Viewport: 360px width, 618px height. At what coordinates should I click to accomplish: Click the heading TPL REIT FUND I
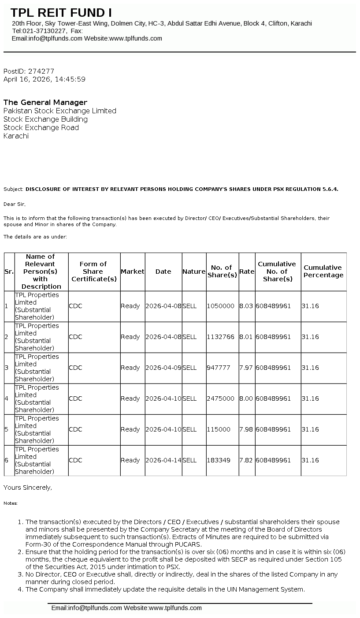(61, 12)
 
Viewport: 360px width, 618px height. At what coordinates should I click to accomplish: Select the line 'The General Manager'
(45, 102)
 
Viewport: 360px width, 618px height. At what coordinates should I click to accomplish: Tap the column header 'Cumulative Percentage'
(323, 272)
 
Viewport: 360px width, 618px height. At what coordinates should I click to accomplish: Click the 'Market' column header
(133, 272)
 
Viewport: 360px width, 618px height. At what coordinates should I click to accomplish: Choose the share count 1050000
(221, 306)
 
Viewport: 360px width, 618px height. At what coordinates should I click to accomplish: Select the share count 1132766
(221, 337)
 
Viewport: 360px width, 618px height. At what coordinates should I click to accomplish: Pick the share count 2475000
(221, 398)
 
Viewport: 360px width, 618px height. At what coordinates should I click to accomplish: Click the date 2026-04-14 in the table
(163, 460)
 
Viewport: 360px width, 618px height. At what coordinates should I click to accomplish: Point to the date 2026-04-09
(163, 368)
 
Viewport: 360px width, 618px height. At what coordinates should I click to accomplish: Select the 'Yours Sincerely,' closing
(28, 488)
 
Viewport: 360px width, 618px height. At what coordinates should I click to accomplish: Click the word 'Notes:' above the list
(11, 503)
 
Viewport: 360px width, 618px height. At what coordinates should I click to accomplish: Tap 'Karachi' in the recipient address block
(16, 136)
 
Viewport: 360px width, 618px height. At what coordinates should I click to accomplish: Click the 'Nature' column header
(194, 272)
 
